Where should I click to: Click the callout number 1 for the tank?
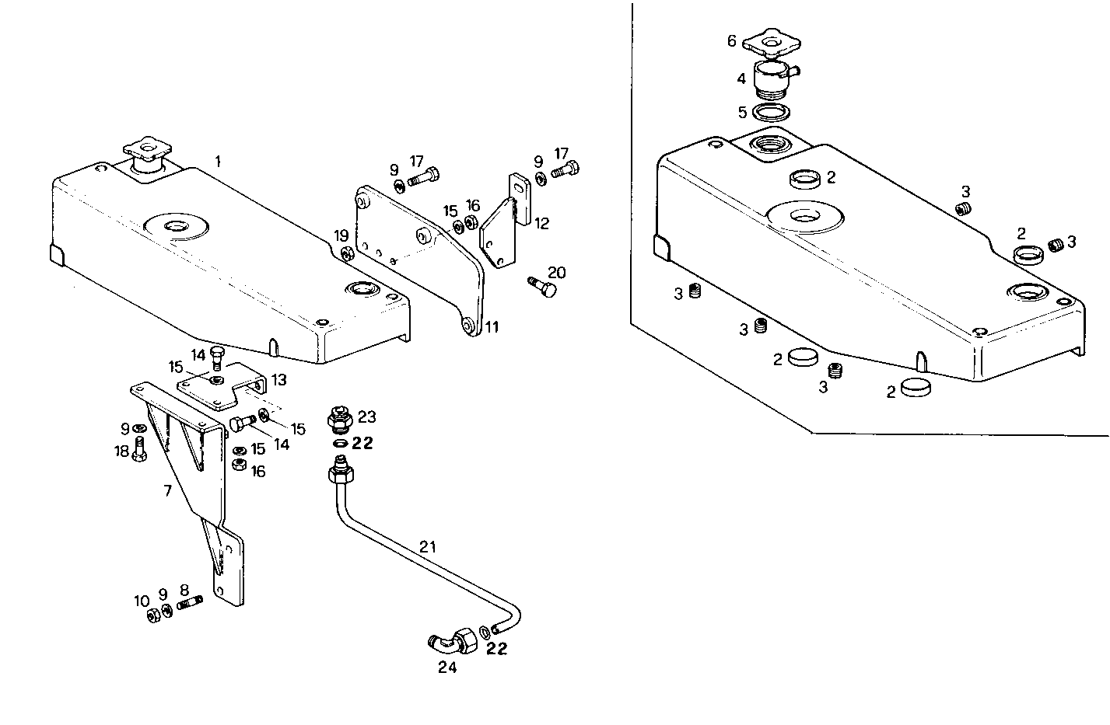[x=218, y=162]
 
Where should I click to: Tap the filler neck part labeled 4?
[x=772, y=80]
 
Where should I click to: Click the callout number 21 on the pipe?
[x=427, y=548]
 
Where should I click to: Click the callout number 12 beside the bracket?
[x=542, y=224]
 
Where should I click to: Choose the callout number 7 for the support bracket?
[x=166, y=490]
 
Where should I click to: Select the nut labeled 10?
[x=153, y=615]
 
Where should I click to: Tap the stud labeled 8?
[x=190, y=603]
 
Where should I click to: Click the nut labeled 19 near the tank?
[x=347, y=253]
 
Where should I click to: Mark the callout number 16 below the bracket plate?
[x=257, y=471]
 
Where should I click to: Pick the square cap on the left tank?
[x=145, y=148]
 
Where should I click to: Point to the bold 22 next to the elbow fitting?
[x=496, y=649]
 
